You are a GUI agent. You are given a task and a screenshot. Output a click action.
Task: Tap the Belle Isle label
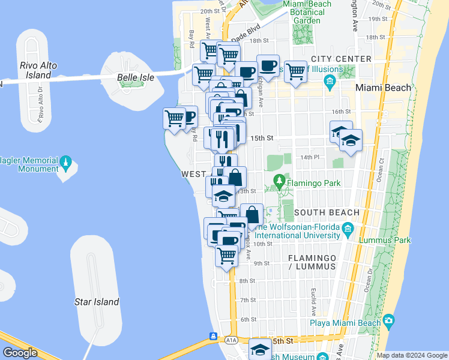pyautogui.click(x=136, y=77)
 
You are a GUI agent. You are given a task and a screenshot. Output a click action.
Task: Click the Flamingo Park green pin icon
pyautogui.click(x=279, y=180)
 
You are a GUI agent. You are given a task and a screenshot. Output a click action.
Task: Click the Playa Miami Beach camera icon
pyautogui.click(x=389, y=322)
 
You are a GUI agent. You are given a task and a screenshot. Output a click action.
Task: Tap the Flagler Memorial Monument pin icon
pyautogui.click(x=66, y=162)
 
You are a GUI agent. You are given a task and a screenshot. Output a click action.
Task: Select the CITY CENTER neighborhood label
pyautogui.click(x=342, y=59)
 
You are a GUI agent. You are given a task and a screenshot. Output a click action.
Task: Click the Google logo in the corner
pyautogui.click(x=20, y=353)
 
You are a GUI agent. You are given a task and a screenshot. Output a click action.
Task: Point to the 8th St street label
pyautogui.click(x=247, y=281)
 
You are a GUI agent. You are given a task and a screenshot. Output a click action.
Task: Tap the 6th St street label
pyautogui.click(x=249, y=319)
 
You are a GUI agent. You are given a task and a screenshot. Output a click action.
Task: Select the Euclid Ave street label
pyautogui.click(x=313, y=295)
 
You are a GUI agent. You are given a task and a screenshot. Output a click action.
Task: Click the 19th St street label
pyautogui.click(x=378, y=19)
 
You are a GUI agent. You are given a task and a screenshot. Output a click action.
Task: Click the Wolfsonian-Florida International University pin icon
pyautogui.click(x=348, y=227)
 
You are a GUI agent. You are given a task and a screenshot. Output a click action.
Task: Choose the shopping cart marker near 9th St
pyautogui.click(x=226, y=256)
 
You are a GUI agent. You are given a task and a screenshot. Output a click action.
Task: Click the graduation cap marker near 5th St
pyautogui.click(x=260, y=349)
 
